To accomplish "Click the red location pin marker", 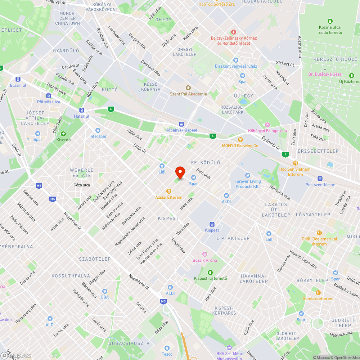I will click(180, 172).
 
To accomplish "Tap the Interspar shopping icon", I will click(97, 130).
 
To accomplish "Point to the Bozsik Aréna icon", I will click(205, 254).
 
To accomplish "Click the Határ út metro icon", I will click(82, 110).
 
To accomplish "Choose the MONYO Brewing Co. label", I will click(240, 145).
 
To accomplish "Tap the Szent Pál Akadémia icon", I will click(188, 88).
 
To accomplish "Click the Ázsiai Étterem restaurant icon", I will click(168, 191).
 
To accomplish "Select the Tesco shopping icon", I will click(167, 348).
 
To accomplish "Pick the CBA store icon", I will click(104, 291).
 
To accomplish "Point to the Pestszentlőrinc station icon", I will click(320, 179).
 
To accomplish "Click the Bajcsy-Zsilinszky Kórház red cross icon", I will click(233, 32).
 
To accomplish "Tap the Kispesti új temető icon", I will click(210, 272).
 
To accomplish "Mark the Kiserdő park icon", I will click(63, 134).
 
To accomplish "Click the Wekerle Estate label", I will click(82, 173).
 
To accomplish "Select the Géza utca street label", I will click(81, 185).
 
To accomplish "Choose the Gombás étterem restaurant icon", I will click(318, 292).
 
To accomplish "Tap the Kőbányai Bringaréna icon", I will click(267, 125).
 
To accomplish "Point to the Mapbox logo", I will click(16, 355).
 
